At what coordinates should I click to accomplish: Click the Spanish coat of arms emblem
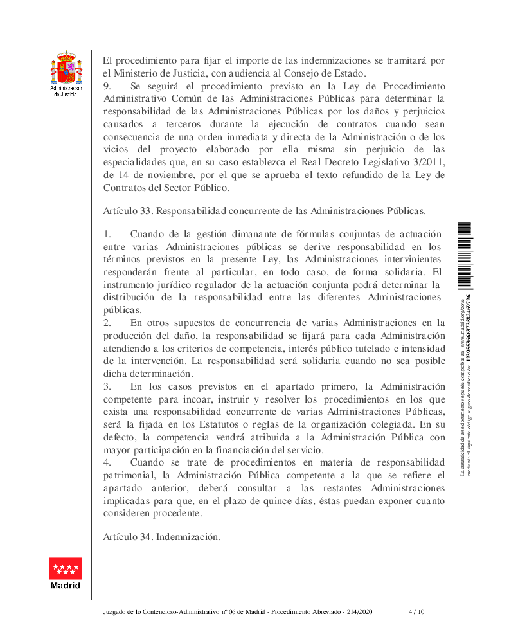(x=66, y=68)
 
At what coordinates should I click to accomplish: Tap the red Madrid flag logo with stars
(x=66, y=569)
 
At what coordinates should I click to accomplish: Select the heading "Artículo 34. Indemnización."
(x=162, y=536)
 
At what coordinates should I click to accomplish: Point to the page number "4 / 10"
(x=416, y=611)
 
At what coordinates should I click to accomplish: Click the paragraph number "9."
(x=107, y=86)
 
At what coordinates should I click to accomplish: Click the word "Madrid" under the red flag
(x=66, y=586)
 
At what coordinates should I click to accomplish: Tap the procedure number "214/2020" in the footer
(x=359, y=611)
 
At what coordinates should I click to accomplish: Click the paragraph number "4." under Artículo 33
(x=107, y=462)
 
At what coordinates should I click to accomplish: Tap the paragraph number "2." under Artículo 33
(x=107, y=322)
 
